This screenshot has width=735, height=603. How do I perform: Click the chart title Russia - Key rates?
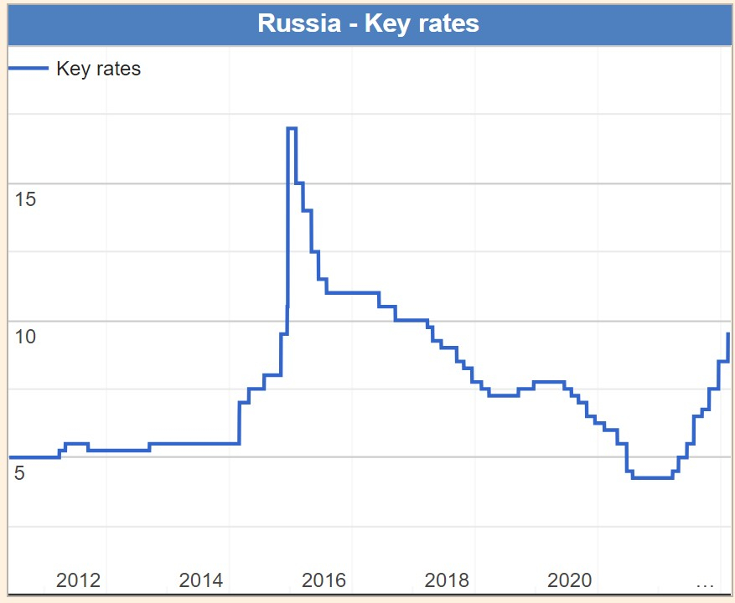click(x=368, y=23)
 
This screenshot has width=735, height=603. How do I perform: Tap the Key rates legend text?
click(x=98, y=69)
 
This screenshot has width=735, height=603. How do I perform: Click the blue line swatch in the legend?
click(x=28, y=69)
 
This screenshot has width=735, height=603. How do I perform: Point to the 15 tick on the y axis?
click(x=25, y=199)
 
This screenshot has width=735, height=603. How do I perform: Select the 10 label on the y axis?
click(x=25, y=337)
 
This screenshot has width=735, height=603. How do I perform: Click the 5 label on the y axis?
click(x=20, y=473)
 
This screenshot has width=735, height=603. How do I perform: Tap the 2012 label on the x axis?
click(x=78, y=580)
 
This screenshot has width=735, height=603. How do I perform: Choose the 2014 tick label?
click(x=201, y=580)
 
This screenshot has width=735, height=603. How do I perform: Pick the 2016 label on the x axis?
click(x=324, y=580)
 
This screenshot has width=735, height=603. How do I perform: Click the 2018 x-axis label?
click(x=447, y=580)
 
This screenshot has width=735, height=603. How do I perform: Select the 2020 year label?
click(x=570, y=580)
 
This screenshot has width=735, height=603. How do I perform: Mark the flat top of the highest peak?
click(x=292, y=128)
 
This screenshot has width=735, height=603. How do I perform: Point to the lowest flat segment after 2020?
click(x=653, y=477)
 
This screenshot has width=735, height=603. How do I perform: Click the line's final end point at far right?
click(x=727, y=333)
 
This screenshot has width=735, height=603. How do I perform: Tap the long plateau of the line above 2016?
click(x=352, y=292)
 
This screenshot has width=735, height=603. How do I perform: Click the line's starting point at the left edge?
click(x=9, y=457)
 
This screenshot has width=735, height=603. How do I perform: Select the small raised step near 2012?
click(x=76, y=444)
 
